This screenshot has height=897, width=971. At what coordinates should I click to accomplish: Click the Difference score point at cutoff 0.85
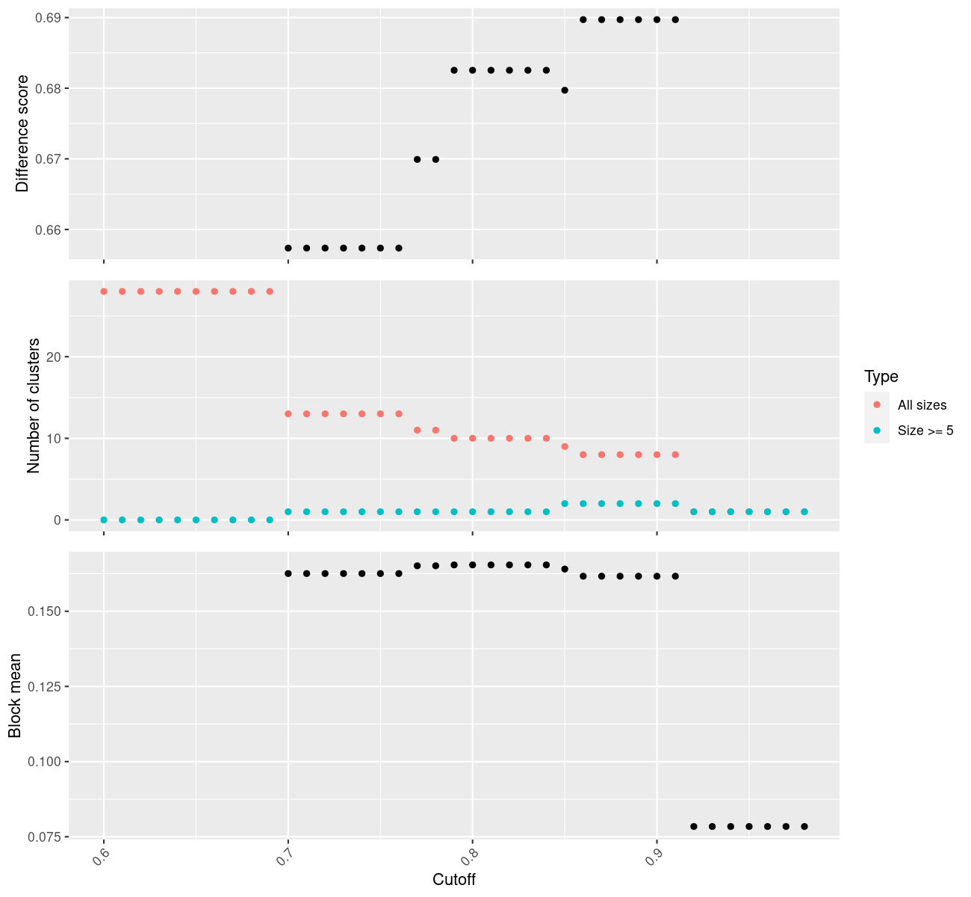point(565,90)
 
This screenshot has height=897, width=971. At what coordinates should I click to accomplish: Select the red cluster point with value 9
point(565,446)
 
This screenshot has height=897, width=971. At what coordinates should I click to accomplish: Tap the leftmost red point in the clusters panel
point(104,292)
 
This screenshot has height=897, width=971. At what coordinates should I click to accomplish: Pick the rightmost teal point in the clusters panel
point(804,512)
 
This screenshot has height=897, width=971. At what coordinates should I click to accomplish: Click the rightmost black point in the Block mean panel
point(804,827)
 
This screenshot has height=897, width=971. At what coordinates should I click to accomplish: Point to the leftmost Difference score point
point(288,248)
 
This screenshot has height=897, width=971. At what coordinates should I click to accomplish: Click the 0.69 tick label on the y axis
point(49,18)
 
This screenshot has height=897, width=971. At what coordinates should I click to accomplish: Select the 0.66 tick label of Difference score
point(49,230)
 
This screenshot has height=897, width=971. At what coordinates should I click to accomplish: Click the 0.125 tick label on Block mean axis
point(46,687)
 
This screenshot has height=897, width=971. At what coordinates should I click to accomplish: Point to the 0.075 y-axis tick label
point(46,836)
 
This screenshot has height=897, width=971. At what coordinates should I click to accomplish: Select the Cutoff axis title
point(454,880)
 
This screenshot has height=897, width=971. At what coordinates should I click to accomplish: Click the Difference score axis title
point(22,133)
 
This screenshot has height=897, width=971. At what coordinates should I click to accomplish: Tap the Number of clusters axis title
point(33,405)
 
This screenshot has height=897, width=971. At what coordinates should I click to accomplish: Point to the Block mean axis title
point(15,695)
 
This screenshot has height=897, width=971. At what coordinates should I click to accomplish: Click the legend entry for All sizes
point(922,405)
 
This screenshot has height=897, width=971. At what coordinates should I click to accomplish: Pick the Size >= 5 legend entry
point(925,431)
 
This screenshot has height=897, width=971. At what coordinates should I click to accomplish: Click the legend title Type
point(881,377)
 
